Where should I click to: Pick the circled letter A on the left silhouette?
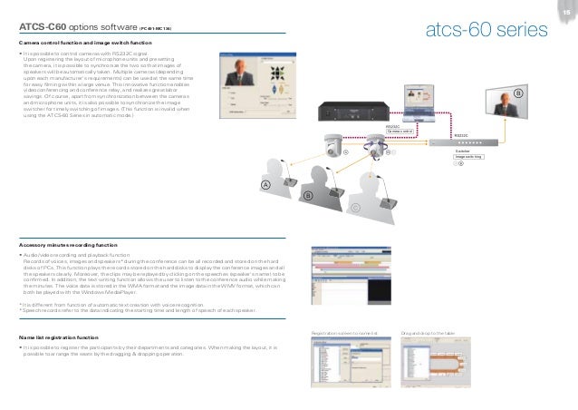click(x=266, y=185)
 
